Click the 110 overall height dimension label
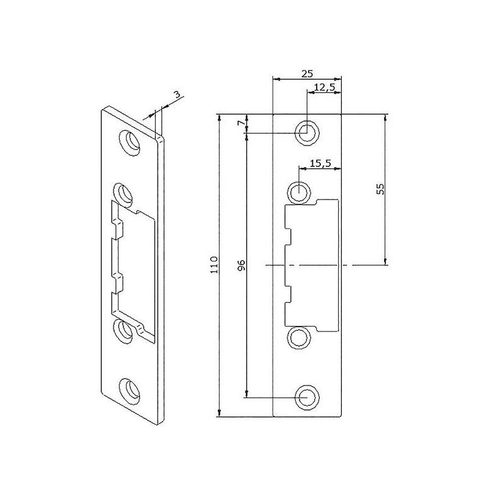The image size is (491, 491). tap(214, 265)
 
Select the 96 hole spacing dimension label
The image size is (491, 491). tap(241, 265)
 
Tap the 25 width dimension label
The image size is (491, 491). tap(307, 74)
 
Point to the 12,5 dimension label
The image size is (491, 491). tap(325, 87)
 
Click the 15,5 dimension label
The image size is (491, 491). tap(320, 163)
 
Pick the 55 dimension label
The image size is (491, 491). tap(380, 189)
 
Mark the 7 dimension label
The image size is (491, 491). tap(241, 123)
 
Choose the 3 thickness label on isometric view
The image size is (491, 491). tap(177, 95)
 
